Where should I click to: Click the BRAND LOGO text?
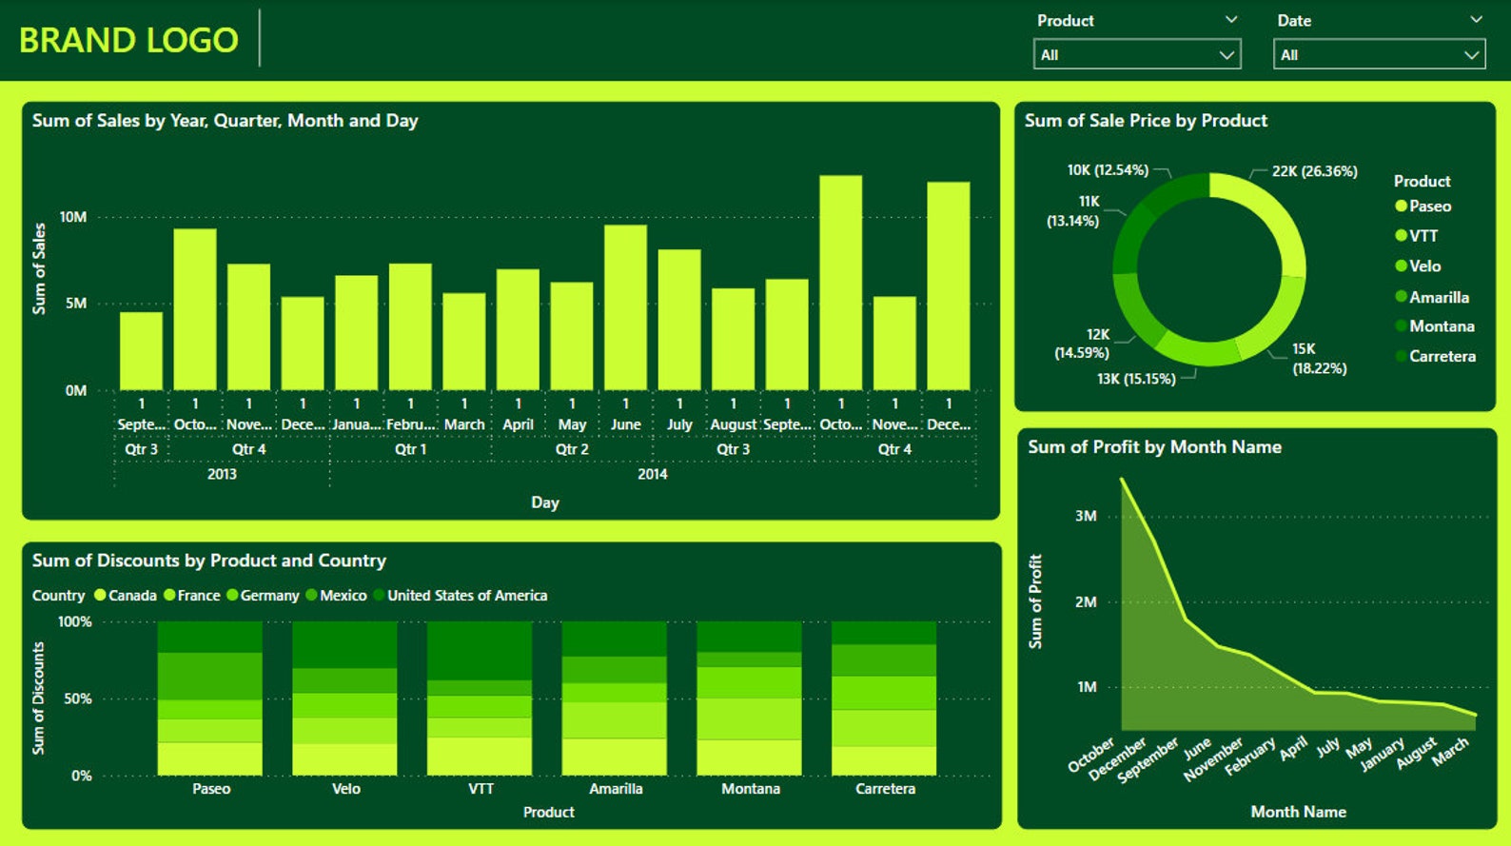coord(128,40)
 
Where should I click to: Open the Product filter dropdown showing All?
coord(1136,54)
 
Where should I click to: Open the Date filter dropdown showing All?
coord(1378,54)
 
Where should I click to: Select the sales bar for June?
coord(625,307)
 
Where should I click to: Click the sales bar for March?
coord(464,342)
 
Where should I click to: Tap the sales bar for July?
coord(679,320)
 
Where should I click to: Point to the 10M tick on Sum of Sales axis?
coord(73,217)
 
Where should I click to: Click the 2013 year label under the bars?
coord(222,474)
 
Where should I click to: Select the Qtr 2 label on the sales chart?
coord(572,449)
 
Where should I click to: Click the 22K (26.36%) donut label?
coord(1314,171)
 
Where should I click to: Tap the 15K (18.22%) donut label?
coord(1318,359)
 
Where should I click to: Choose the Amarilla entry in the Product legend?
coord(1438,297)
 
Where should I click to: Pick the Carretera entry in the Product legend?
coord(1442,356)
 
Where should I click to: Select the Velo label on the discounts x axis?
coord(346,789)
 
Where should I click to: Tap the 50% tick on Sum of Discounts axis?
coord(75,698)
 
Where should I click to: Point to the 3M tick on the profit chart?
coord(1086,516)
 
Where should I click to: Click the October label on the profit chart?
coord(1092,754)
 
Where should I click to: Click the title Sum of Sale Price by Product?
coord(1146,121)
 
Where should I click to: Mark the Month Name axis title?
coord(1298,812)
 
